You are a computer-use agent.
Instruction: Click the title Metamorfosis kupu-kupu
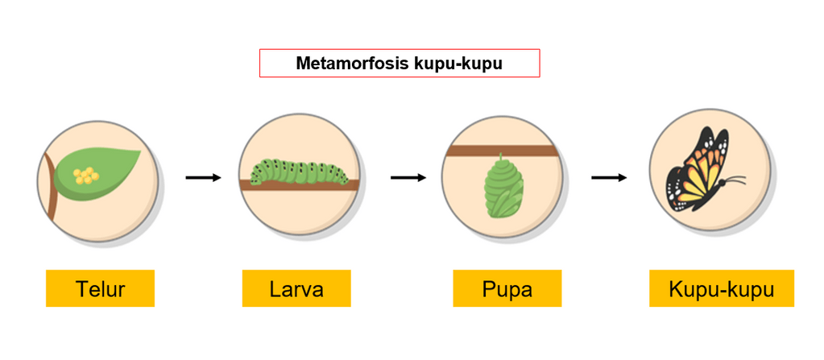400,64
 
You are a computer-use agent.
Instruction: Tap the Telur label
100,289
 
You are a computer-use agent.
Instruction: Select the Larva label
296,289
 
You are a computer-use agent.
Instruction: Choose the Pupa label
507,289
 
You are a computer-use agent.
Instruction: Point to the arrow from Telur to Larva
203,178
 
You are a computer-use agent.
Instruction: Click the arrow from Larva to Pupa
408,178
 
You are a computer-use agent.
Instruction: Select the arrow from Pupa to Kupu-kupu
609,178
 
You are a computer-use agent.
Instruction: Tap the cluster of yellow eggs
86,176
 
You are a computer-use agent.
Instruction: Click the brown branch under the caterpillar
300,184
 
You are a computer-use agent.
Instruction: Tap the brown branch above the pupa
501,151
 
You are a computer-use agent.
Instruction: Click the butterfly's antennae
735,180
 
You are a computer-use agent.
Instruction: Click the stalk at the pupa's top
500,156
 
